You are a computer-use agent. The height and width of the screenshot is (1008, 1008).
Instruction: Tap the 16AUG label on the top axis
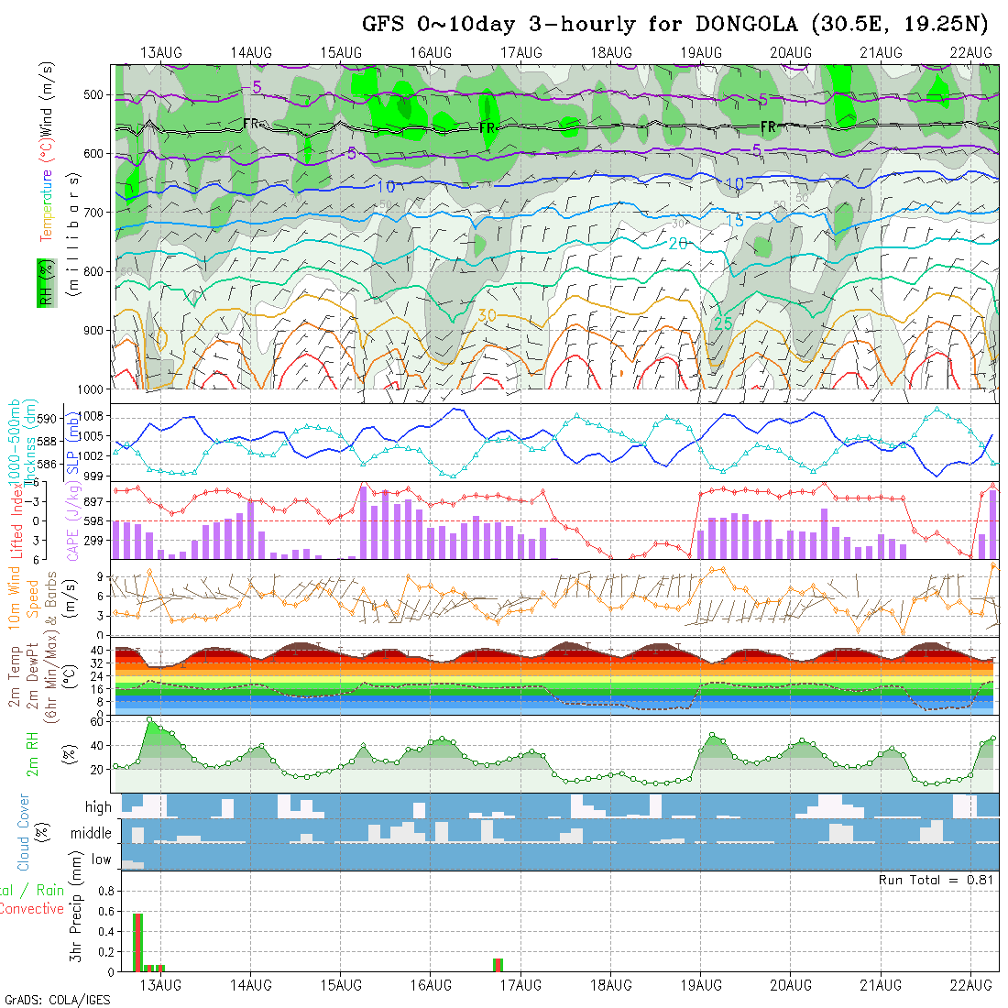point(431,52)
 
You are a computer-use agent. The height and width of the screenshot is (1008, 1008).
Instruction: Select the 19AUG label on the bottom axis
point(701,985)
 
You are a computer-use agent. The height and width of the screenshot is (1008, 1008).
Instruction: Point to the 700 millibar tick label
point(94,213)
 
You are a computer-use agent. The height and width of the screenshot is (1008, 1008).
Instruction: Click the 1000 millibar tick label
point(92,389)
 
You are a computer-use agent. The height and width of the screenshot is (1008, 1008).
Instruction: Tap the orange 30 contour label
point(488,315)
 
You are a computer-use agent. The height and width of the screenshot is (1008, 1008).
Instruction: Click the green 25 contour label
point(723,323)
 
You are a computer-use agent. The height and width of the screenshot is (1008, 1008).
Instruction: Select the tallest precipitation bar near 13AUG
point(137,942)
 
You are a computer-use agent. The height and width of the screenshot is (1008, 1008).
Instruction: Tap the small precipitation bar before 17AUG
point(498,965)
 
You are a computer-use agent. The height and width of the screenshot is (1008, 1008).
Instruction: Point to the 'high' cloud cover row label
point(98,807)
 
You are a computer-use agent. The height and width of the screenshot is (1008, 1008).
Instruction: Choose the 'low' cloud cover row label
point(101,860)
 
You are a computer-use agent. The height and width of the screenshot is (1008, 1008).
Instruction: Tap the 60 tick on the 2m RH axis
point(94,721)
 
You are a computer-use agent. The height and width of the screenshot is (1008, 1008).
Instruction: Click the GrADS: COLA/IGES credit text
point(58,1000)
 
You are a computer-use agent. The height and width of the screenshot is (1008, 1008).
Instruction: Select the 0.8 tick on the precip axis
point(104,891)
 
